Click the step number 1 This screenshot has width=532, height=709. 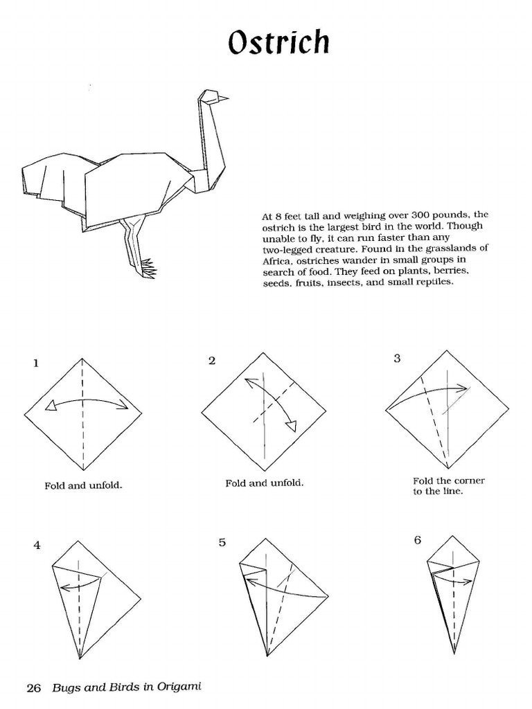coord(35,363)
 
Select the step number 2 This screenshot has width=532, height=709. coord(212,360)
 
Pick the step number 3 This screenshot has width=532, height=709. coord(397,358)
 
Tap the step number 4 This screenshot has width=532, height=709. coord(37,545)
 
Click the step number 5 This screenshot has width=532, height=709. coord(222,542)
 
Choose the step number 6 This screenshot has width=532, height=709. coord(418,540)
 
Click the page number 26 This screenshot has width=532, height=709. coord(34,688)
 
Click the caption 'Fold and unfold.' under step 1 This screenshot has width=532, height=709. coord(83,485)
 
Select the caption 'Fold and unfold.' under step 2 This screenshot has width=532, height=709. coord(264,483)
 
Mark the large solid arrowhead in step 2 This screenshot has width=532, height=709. coord(292,425)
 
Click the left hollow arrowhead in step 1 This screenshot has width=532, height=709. coord(50,409)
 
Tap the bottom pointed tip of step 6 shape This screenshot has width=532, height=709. coord(454,652)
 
